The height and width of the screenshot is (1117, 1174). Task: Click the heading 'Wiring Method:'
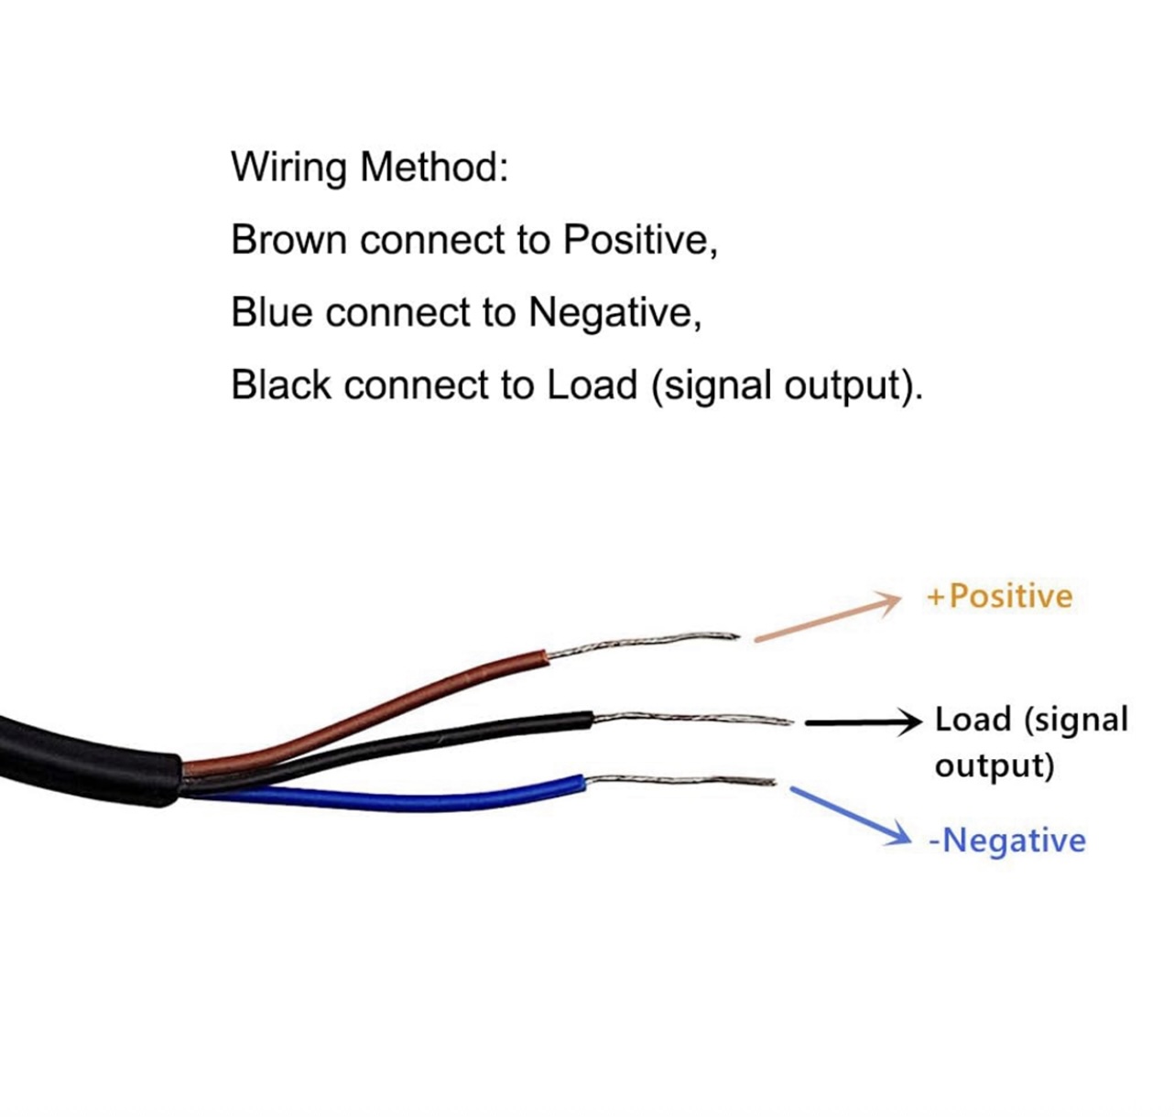point(369,168)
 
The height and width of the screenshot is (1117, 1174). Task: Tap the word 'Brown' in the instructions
point(288,240)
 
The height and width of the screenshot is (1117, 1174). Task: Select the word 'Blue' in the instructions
point(271,312)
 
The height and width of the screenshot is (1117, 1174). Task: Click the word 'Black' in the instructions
point(280,385)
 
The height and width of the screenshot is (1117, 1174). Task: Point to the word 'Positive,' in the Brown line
point(640,241)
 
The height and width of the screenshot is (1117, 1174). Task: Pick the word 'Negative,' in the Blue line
point(615,313)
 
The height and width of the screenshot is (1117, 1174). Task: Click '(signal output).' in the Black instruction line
point(787,386)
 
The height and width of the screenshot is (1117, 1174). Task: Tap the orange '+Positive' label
point(999,596)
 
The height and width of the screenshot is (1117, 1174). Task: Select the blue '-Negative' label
point(1007,841)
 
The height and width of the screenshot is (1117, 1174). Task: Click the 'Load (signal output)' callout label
point(1031,743)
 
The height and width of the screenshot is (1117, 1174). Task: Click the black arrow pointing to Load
point(864,722)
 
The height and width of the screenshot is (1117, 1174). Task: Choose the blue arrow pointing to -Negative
point(851,816)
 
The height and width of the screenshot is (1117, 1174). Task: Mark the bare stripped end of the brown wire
point(644,644)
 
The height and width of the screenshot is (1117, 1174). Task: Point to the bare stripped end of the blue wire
point(679,780)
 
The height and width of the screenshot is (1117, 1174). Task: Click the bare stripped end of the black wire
point(692,718)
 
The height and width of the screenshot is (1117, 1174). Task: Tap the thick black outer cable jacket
point(90,759)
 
